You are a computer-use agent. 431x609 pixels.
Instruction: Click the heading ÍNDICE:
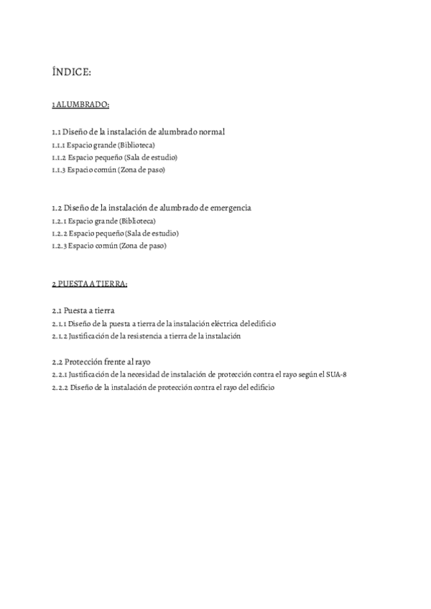pos(71,72)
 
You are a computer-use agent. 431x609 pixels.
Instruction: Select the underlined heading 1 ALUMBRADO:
pos(80,105)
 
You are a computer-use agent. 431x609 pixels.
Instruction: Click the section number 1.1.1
pos(59,144)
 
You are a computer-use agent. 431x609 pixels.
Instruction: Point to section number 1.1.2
pos(59,157)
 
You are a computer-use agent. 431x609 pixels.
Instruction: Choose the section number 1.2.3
pos(59,246)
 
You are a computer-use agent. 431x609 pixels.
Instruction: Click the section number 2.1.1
pos(59,323)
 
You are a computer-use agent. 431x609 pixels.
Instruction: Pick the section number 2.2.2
pos(60,387)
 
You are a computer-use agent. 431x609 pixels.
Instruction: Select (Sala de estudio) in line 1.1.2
pos(151,157)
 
